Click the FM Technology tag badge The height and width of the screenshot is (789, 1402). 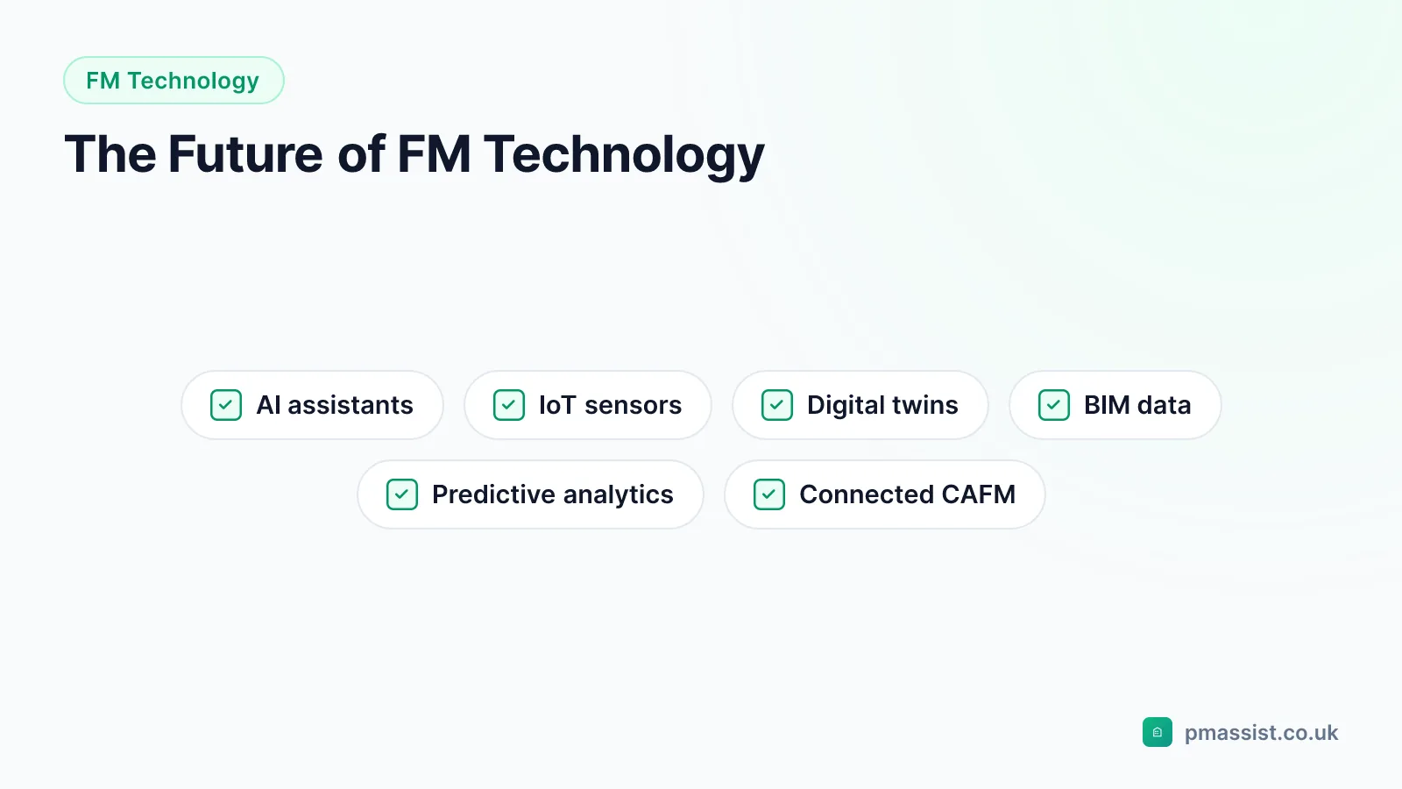point(173,80)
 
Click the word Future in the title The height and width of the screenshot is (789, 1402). point(245,154)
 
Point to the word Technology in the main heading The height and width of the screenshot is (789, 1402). point(623,155)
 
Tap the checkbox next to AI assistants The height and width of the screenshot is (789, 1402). point(226,405)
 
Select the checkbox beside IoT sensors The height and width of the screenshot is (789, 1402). point(509,405)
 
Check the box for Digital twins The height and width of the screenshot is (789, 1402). point(776,405)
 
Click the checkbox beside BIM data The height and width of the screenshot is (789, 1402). point(1054,405)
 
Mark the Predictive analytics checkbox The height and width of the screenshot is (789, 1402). point(402,494)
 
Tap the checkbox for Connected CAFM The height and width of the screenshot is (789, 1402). point(769,494)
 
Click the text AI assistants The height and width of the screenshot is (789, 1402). point(335,405)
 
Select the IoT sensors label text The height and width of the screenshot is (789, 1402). point(610,405)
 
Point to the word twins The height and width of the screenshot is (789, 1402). point(925,405)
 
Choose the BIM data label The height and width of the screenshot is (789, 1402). point(1137,405)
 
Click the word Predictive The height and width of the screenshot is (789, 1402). point(493,494)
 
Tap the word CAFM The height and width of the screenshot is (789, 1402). point(978,494)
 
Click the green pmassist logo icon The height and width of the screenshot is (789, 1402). point(1158,732)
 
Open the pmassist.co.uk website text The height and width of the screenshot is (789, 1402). point(1261,733)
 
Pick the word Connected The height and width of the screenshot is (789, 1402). point(866,494)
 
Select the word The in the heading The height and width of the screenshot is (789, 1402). point(110,154)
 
